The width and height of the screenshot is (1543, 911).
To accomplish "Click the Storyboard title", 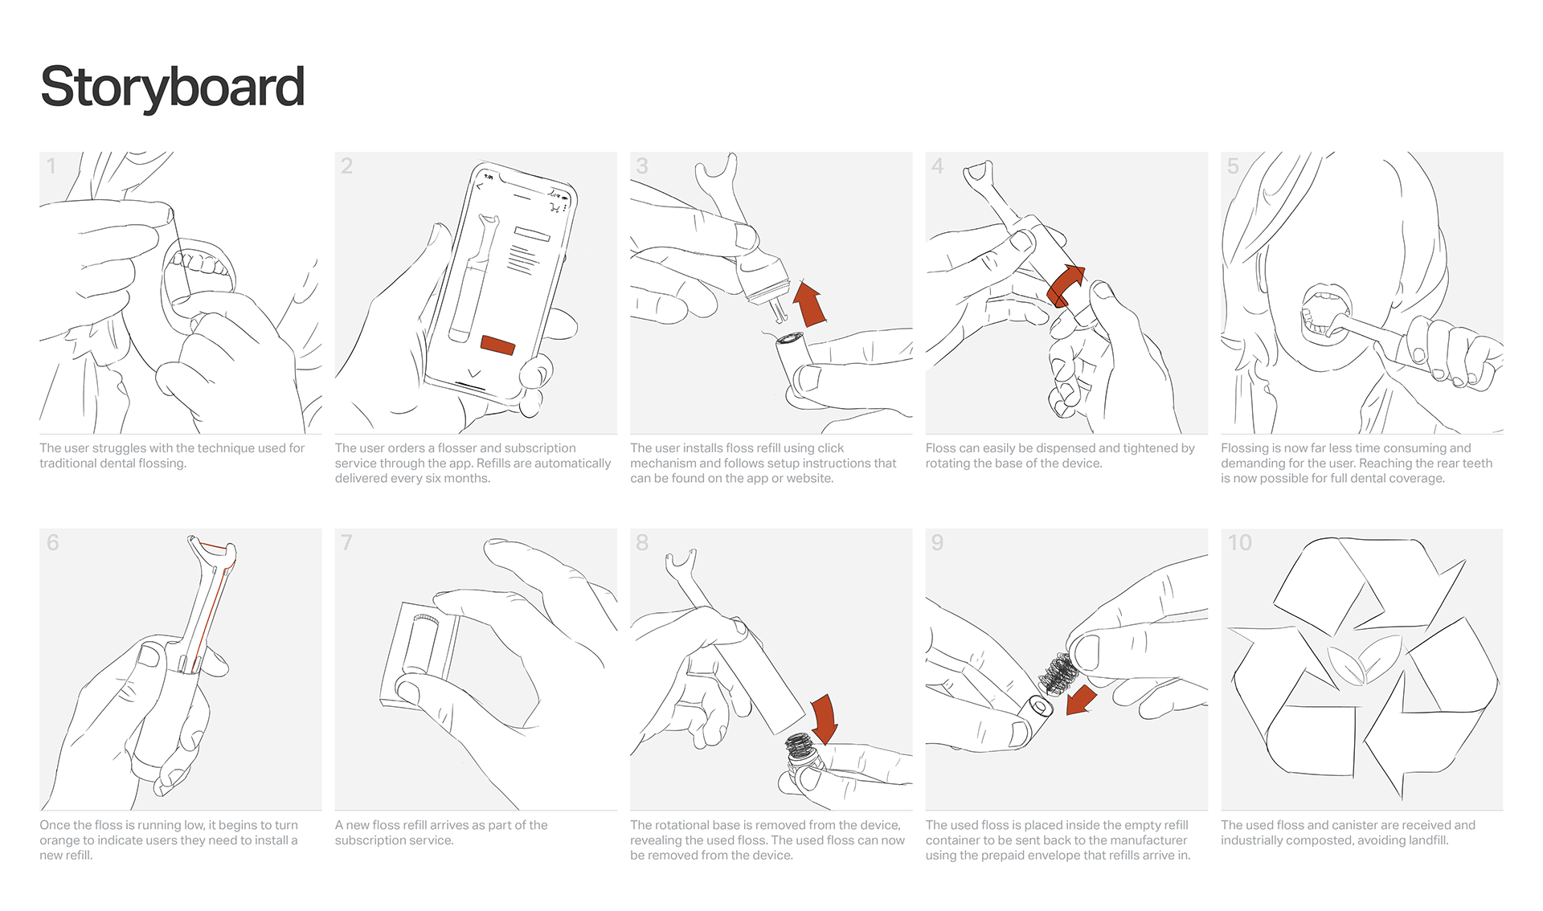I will tap(172, 87).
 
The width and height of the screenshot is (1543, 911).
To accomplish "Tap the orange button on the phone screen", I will tap(497, 345).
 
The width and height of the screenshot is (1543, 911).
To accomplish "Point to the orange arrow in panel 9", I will tap(1082, 700).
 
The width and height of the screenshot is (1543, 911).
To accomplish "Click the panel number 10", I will tap(1239, 543).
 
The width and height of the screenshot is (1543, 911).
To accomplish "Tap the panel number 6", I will tap(53, 543).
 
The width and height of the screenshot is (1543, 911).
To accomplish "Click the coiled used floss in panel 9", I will tap(1058, 673).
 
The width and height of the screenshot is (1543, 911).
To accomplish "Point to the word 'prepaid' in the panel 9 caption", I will tap(1016, 856).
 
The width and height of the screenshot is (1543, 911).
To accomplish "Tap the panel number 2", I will tap(346, 166).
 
